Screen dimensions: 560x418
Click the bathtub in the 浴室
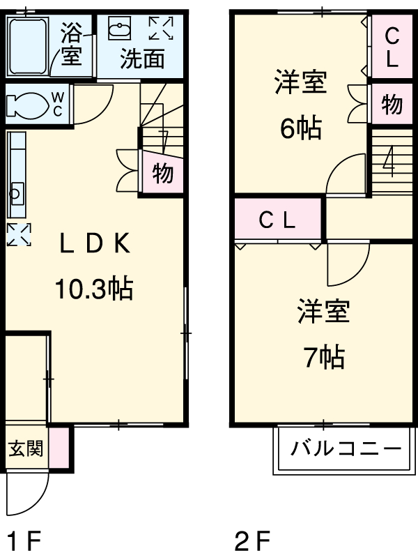tap(27, 46)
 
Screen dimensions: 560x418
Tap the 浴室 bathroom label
tap(71, 45)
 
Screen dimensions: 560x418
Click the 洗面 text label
tap(142, 59)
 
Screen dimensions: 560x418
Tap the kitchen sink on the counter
tap(16, 193)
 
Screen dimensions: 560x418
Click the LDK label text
tap(94, 245)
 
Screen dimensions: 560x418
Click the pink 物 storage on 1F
tap(163, 173)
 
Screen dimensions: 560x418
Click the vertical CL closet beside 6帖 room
tap(392, 46)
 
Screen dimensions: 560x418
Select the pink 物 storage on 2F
tap(392, 105)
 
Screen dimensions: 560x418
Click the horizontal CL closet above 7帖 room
tap(278, 220)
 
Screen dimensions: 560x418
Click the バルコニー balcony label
tap(346, 448)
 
